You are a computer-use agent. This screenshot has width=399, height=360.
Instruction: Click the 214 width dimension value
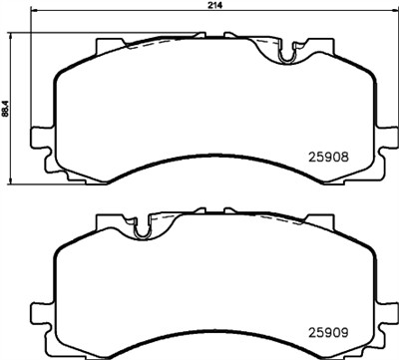(x=214, y=6)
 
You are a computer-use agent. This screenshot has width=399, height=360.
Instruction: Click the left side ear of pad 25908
(x=40, y=138)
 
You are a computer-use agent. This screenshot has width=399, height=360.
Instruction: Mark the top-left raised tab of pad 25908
(x=108, y=45)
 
